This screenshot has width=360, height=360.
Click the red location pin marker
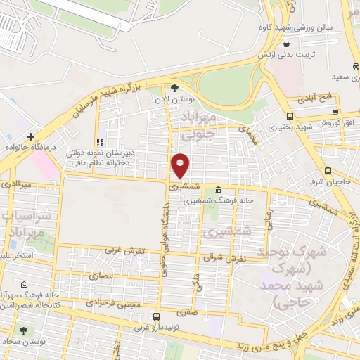pyautogui.click(x=181, y=165)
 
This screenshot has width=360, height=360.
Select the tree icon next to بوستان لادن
pyautogui.click(x=174, y=88)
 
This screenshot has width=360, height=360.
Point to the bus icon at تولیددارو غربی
pyautogui.click(x=156, y=317)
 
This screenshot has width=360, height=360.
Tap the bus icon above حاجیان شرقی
pyautogui.click(x=328, y=171)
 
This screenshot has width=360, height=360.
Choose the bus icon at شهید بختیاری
pyautogui.click(x=290, y=116)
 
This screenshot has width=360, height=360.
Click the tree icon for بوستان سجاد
pyautogui.click(x=24, y=330)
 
